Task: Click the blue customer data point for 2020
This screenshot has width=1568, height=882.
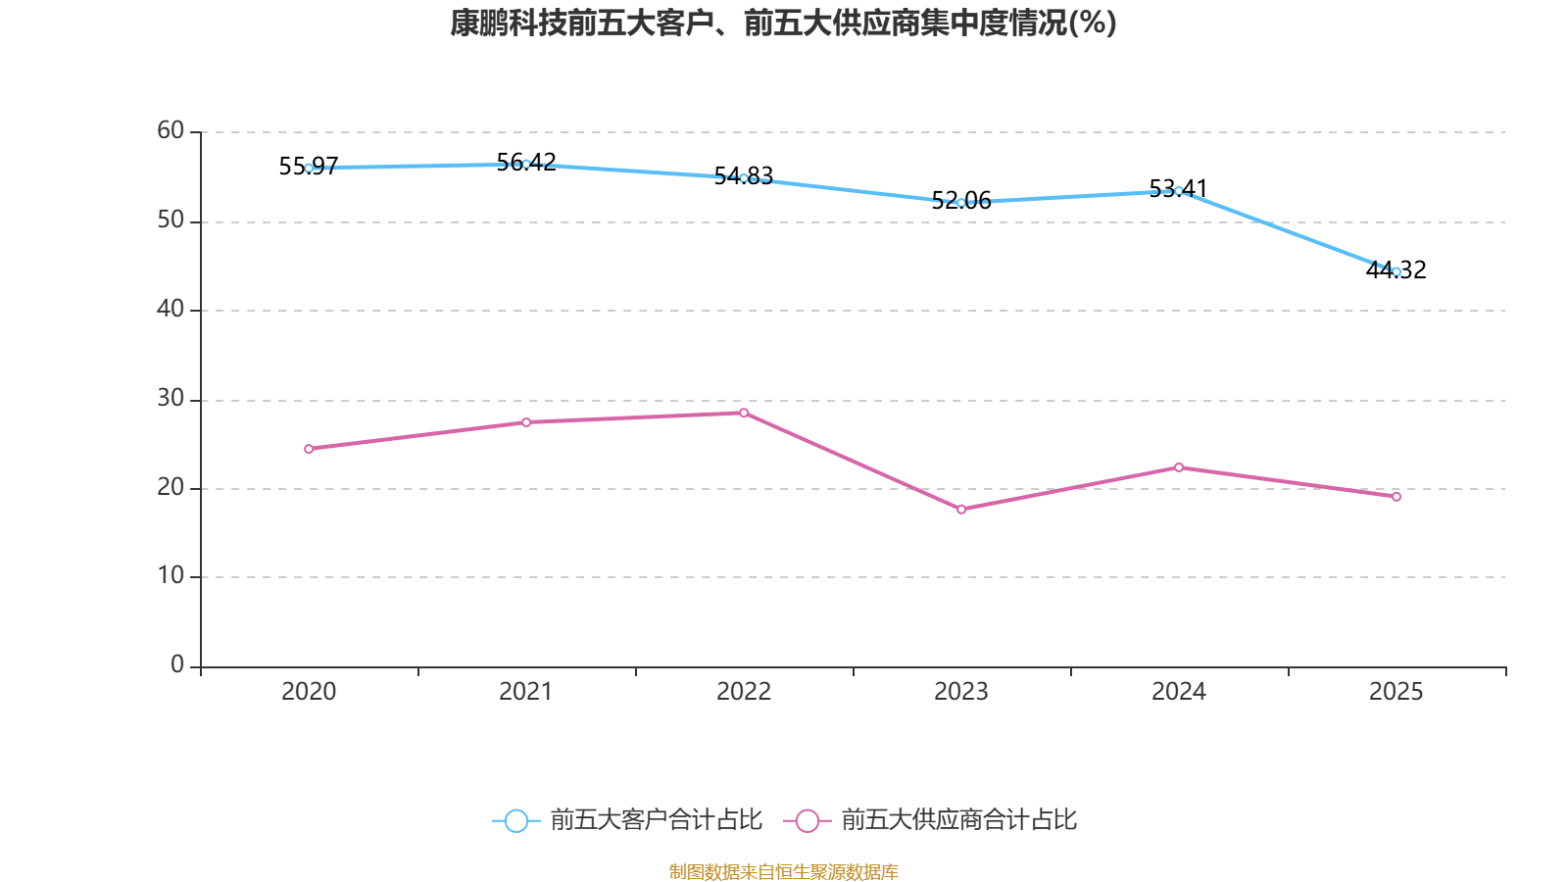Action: (309, 169)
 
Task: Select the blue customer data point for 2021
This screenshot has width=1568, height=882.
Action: (526, 164)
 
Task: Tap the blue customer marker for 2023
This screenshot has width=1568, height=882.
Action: (961, 203)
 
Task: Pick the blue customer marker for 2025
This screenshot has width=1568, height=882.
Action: (1396, 271)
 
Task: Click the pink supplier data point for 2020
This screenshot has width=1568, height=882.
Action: (309, 449)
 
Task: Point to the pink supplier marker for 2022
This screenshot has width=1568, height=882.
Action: (744, 413)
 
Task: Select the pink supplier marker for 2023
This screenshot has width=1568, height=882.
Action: (961, 510)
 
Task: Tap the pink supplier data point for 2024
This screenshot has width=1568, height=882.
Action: (1179, 467)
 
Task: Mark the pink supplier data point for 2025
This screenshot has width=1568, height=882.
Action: (1396, 497)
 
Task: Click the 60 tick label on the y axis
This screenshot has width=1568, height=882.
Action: (171, 130)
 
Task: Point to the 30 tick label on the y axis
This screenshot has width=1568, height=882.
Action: (171, 398)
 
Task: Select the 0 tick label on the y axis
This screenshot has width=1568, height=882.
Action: (177, 665)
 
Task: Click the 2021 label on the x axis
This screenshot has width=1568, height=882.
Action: (526, 692)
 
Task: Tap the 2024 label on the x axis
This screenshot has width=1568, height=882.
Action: (1179, 692)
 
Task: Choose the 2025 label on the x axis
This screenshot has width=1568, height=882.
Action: (1396, 692)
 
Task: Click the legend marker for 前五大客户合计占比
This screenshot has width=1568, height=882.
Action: (516, 820)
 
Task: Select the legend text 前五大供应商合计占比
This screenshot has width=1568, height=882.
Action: (958, 820)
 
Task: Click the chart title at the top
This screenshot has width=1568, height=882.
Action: (783, 24)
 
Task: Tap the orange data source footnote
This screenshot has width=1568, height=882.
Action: (783, 871)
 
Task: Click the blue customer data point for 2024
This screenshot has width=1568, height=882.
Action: (1179, 191)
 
